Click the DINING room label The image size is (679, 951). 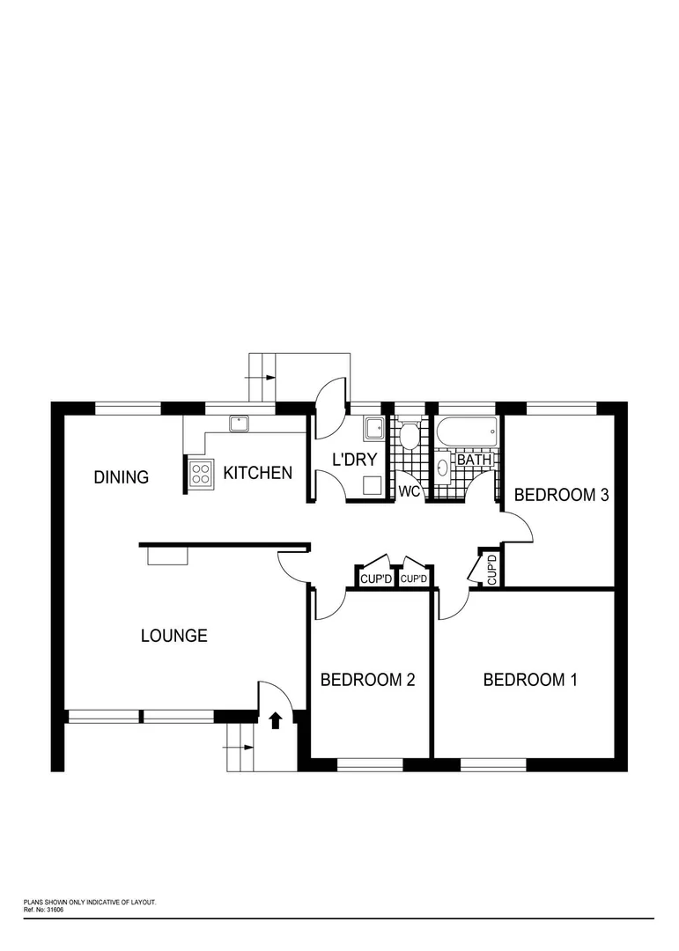[x=122, y=477]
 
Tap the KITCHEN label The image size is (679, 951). [x=257, y=473]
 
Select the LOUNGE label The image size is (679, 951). [x=174, y=635]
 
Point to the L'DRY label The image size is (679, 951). [x=353, y=459]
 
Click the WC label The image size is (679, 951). [x=410, y=491]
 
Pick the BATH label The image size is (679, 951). [x=474, y=460]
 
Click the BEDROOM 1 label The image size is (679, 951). [x=529, y=680]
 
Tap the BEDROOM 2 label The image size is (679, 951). [x=367, y=680]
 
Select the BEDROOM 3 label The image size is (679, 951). [x=561, y=495]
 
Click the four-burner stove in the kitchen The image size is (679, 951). [x=201, y=475]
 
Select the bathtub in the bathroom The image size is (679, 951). [x=467, y=432]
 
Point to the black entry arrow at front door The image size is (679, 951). [x=276, y=720]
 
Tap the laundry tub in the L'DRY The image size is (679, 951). [x=373, y=429]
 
